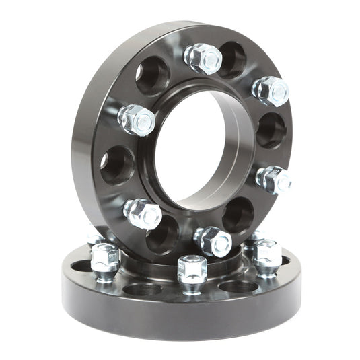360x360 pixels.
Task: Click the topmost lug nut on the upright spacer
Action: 203,59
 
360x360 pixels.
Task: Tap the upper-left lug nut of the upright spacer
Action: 137,120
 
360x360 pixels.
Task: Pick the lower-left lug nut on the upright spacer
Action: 143,214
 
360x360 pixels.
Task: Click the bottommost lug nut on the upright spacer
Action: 213,241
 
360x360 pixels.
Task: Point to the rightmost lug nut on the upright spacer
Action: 274,179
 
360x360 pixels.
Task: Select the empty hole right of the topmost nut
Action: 232,59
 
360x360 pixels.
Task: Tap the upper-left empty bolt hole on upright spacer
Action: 152,75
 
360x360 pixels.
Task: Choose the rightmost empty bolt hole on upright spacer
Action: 271,130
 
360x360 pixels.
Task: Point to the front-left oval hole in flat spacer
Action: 142,289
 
